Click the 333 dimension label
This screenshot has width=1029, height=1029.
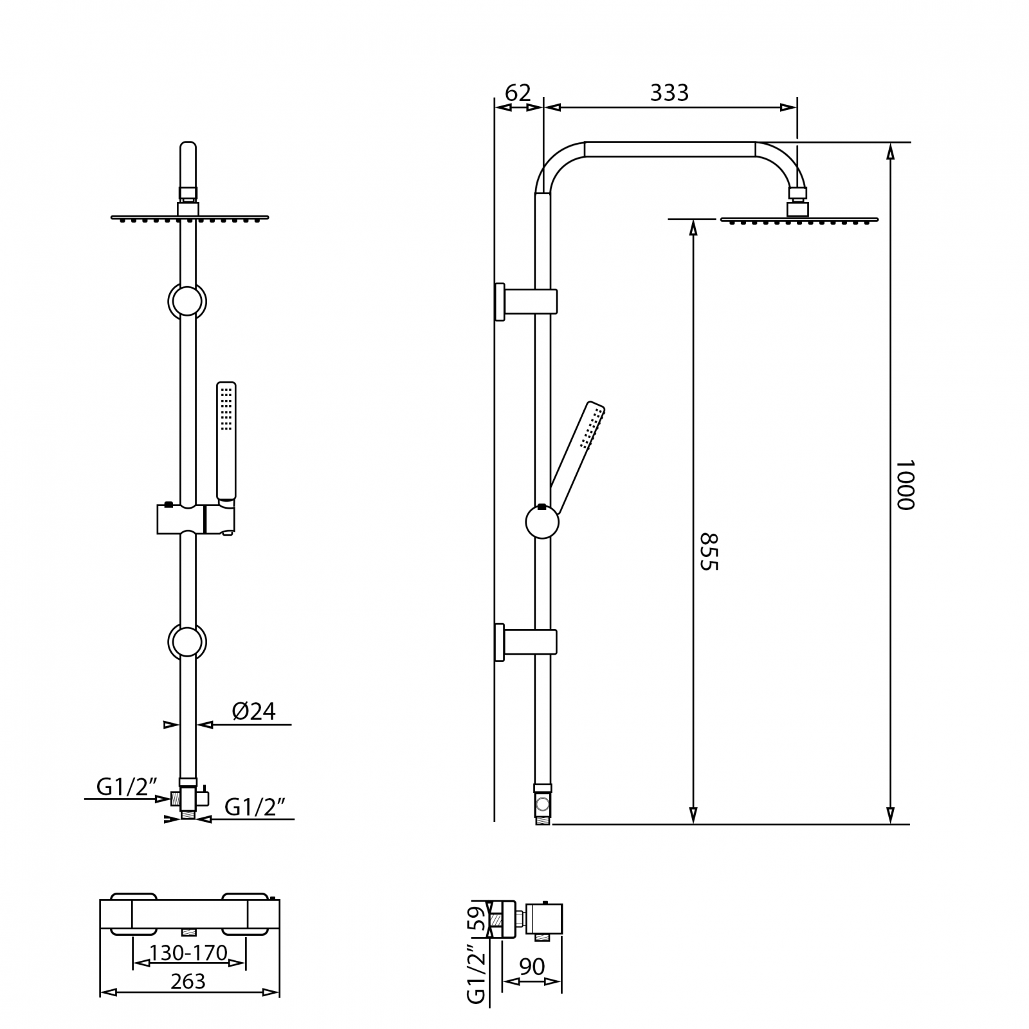tap(669, 93)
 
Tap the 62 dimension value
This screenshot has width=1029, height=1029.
tap(518, 93)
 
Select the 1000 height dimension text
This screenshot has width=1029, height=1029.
tap(904, 484)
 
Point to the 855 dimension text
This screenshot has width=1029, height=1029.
tap(708, 551)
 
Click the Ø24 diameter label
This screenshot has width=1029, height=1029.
tap(253, 711)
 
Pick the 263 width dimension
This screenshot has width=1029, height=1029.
tap(188, 981)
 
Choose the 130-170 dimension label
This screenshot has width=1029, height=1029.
tap(188, 952)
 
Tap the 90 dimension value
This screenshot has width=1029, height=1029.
tap(532, 966)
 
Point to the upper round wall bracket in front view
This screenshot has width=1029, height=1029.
tap(187, 301)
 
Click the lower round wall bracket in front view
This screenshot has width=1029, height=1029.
tap(187, 642)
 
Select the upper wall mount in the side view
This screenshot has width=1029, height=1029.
tap(526, 301)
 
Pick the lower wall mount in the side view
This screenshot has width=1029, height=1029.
tap(526, 642)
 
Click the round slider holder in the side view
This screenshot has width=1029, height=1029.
tap(542, 522)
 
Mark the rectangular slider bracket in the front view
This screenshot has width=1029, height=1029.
tap(196, 519)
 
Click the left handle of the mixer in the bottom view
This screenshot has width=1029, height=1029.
tap(133, 914)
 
